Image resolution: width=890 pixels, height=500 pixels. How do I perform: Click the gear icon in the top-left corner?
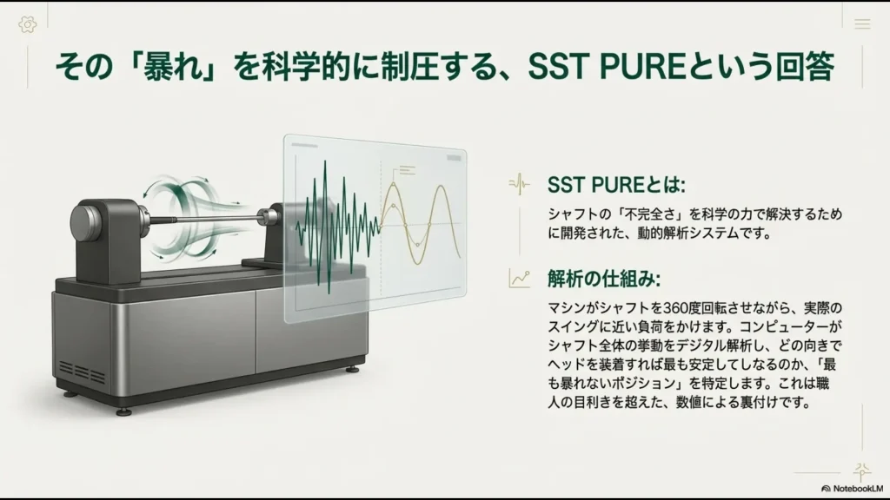pos(28,24)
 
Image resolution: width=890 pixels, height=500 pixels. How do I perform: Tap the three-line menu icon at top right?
pos(861,24)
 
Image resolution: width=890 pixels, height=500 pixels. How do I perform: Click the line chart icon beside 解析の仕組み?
pos(520,278)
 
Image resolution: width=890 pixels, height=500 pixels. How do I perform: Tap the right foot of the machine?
pos(352,368)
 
